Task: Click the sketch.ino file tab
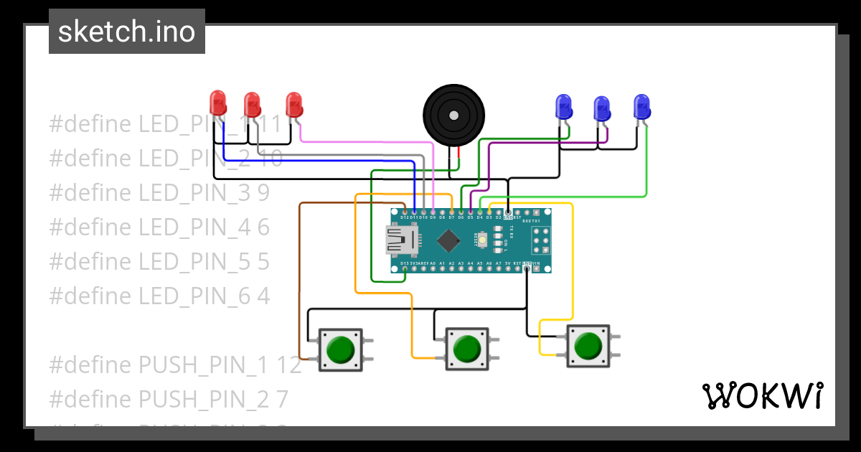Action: click(127, 32)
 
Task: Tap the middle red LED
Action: click(252, 105)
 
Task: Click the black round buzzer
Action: click(453, 116)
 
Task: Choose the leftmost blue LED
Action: click(565, 107)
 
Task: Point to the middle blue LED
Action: click(602, 109)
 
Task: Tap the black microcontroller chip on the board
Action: click(448, 240)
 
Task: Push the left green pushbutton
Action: click(341, 349)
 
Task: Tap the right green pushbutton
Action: click(588, 347)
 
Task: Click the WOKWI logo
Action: click(762, 395)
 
